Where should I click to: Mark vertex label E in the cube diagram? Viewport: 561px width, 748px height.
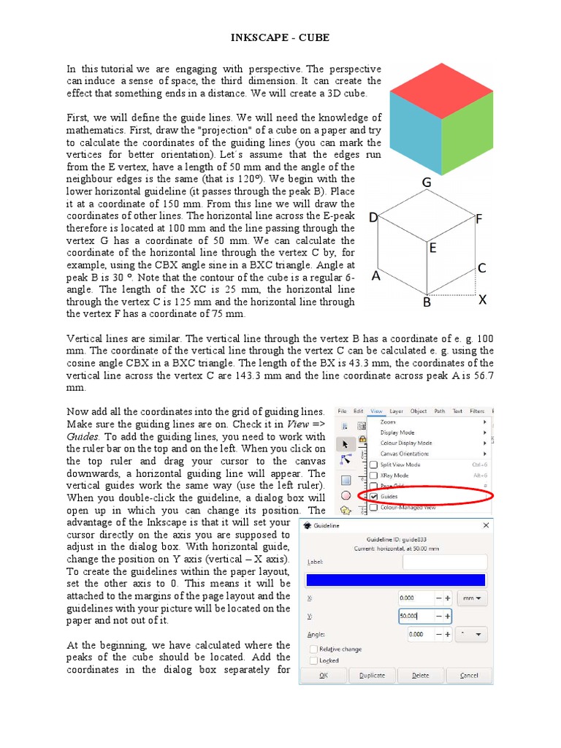click(432, 248)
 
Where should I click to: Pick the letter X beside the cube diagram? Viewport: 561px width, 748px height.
click(482, 300)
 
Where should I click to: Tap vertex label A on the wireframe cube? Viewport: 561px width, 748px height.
click(377, 276)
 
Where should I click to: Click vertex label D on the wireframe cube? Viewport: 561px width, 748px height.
click(373, 218)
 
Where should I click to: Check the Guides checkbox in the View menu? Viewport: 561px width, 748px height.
click(374, 496)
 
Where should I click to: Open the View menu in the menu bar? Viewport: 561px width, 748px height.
click(377, 411)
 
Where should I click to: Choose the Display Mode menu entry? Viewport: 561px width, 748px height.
click(397, 432)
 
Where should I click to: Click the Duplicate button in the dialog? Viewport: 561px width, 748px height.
click(372, 675)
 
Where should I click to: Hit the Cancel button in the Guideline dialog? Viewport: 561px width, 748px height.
click(469, 675)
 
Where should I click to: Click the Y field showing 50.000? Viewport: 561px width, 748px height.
click(417, 616)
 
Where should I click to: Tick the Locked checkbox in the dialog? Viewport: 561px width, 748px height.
click(314, 660)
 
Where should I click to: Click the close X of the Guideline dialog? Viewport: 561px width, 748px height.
click(486, 525)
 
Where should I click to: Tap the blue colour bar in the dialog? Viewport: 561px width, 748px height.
click(394, 580)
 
